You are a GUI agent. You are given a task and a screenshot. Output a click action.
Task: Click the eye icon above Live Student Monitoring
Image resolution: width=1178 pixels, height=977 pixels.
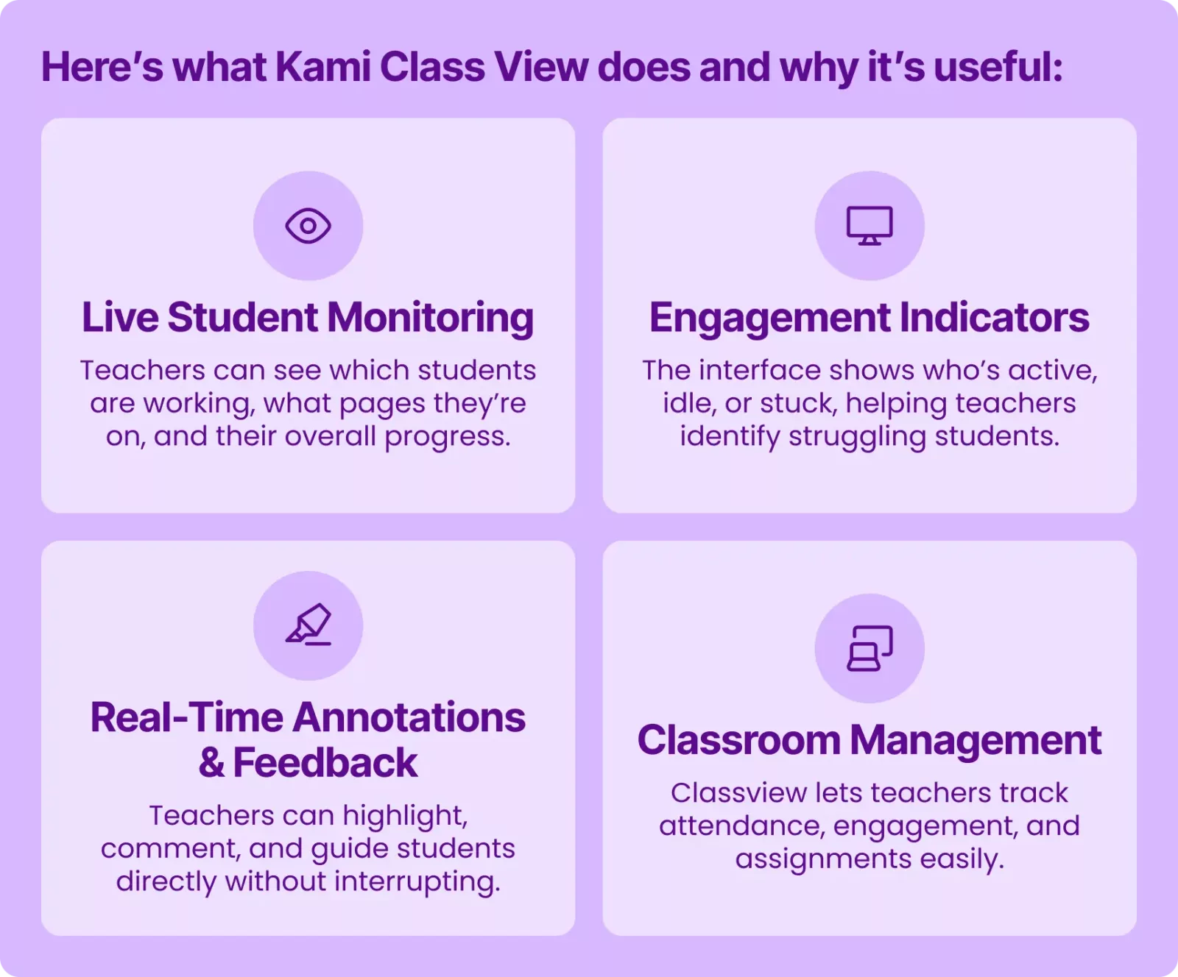tap(308, 226)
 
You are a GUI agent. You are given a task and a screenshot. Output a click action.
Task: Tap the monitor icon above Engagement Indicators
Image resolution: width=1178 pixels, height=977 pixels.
tap(870, 226)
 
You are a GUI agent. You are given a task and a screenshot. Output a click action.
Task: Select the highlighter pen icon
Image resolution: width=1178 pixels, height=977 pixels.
tap(308, 625)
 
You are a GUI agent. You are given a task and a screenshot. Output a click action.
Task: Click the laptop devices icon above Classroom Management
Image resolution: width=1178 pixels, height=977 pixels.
tap(870, 648)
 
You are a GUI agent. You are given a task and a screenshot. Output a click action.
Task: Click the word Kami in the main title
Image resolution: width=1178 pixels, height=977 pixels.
tap(323, 67)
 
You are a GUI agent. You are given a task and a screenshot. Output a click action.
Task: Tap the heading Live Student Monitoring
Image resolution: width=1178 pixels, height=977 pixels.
tap(308, 318)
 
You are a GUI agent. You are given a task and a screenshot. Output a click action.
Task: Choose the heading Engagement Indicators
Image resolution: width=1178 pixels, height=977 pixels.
tap(870, 318)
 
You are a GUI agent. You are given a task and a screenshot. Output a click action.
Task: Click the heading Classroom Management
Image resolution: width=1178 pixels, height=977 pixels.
tap(870, 740)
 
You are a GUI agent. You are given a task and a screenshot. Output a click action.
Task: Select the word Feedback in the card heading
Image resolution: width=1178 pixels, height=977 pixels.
tap(325, 763)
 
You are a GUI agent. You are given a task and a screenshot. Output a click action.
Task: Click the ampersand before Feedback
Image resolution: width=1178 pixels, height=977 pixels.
tap(211, 763)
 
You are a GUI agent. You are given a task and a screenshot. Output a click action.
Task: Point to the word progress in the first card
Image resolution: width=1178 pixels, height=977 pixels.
tap(448, 437)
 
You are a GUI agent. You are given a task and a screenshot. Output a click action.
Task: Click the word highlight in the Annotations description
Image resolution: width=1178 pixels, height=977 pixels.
tap(405, 816)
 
